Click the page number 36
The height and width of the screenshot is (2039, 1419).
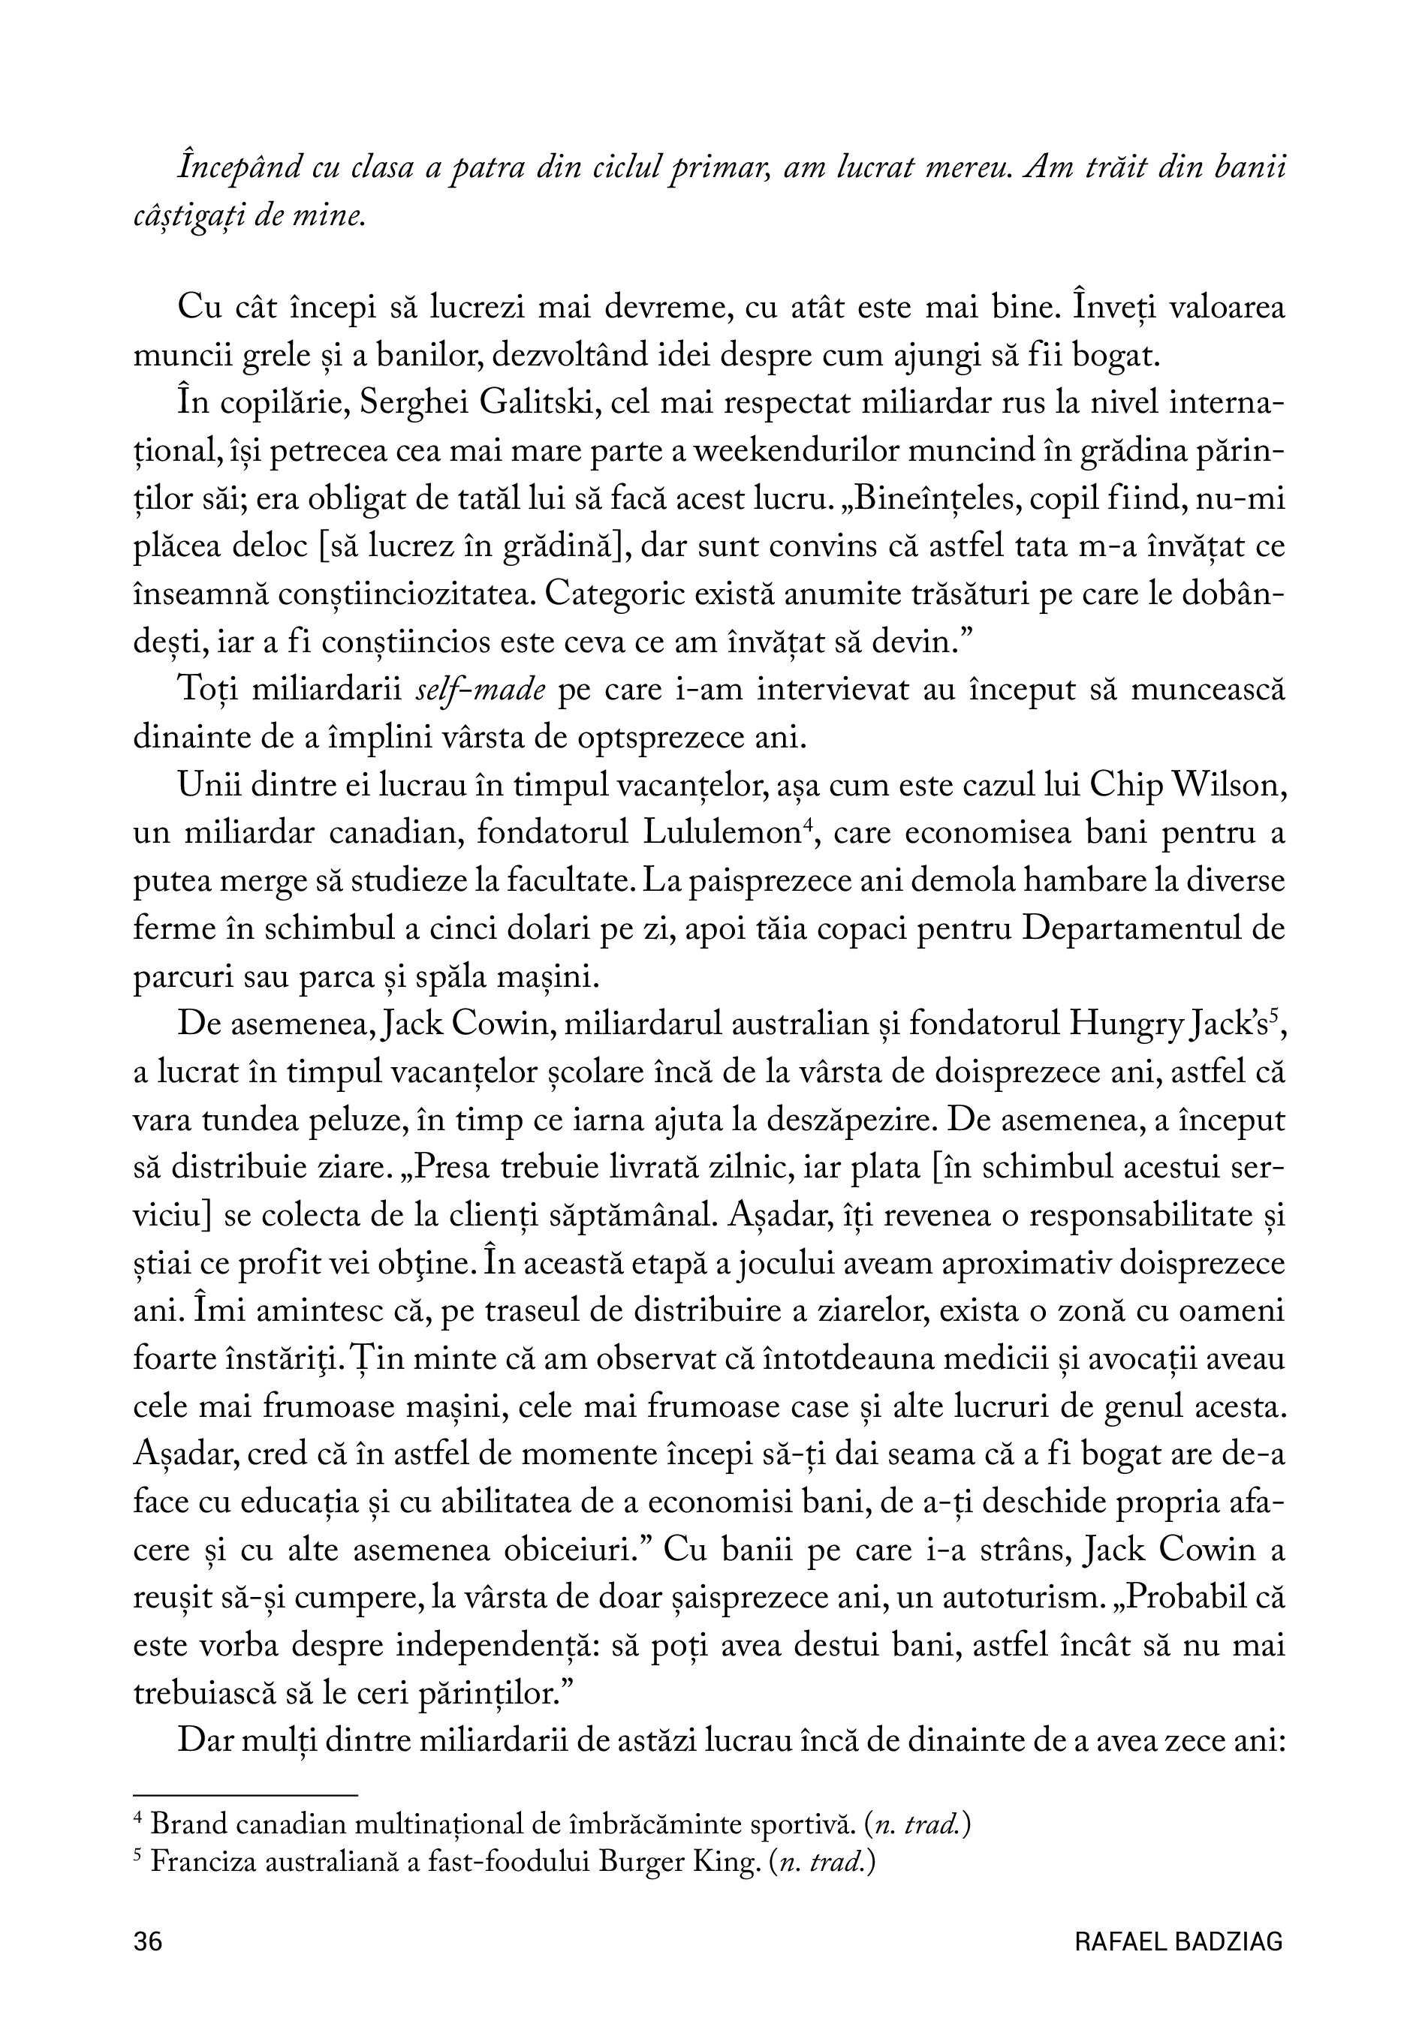tap(147, 1941)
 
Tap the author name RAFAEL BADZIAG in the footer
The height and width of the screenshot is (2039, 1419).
tap(1178, 1941)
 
